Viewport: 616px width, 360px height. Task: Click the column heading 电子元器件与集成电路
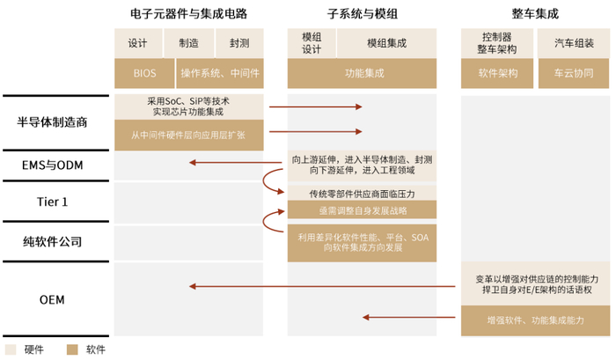point(187,14)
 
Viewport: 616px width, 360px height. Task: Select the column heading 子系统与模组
point(362,14)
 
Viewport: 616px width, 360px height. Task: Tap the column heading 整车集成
point(534,14)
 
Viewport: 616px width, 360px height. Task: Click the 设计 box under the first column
point(137,43)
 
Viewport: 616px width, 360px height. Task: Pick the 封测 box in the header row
point(238,43)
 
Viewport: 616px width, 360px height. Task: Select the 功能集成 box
point(362,74)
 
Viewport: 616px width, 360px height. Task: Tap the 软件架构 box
point(497,74)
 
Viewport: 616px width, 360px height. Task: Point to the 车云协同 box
point(574,74)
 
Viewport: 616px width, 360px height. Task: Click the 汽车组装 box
point(574,43)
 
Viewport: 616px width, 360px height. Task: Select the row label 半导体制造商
point(53,122)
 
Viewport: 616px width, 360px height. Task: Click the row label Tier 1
point(53,202)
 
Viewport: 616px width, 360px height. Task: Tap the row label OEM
point(53,299)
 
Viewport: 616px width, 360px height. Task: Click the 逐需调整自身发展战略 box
point(362,209)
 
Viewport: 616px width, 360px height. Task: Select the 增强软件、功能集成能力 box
point(535,321)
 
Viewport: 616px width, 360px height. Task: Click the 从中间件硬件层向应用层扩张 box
point(188,135)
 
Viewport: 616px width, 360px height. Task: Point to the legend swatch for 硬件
point(12,349)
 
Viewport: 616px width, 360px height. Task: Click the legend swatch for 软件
point(74,349)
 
